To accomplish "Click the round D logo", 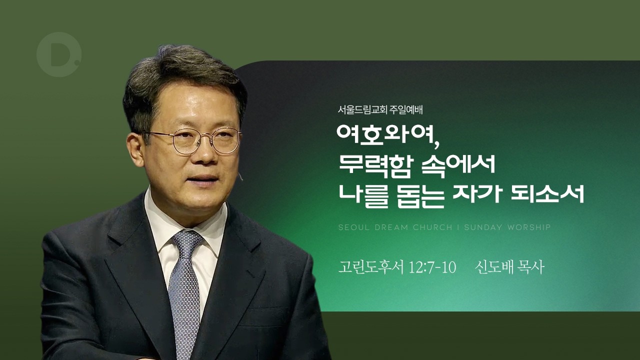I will click(x=58, y=54).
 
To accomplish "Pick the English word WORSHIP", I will click(x=529, y=227).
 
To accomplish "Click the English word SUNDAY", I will click(x=483, y=227).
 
